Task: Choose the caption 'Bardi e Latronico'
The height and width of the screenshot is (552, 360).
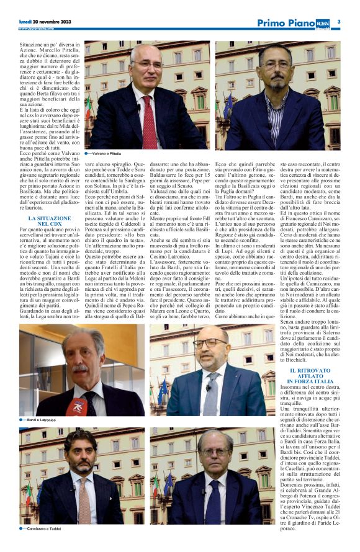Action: point(43,420)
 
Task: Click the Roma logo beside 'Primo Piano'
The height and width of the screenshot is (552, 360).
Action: point(325,22)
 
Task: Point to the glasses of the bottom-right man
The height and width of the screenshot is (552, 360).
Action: point(214,453)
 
